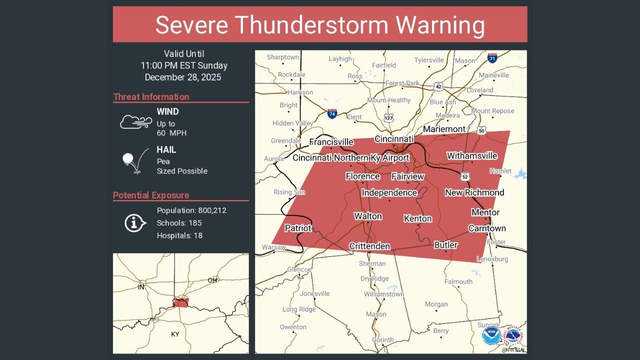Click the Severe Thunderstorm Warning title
[x=320, y=24]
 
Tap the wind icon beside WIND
[x=136, y=121]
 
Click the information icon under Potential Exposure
[x=135, y=223]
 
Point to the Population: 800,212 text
[x=191, y=210]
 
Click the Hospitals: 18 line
[x=179, y=235]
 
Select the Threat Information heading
[x=151, y=97]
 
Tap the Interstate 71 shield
[x=492, y=58]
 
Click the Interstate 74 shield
[x=332, y=114]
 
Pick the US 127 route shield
[x=389, y=117]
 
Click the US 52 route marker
[x=465, y=176]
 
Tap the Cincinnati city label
[x=394, y=138]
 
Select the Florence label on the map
[x=362, y=176]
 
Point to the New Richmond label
[x=474, y=192]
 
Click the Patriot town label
[x=298, y=228]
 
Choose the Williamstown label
[x=383, y=294]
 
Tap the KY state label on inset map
[x=175, y=334]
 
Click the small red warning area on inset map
[x=180, y=303]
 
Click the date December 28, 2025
[x=183, y=77]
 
